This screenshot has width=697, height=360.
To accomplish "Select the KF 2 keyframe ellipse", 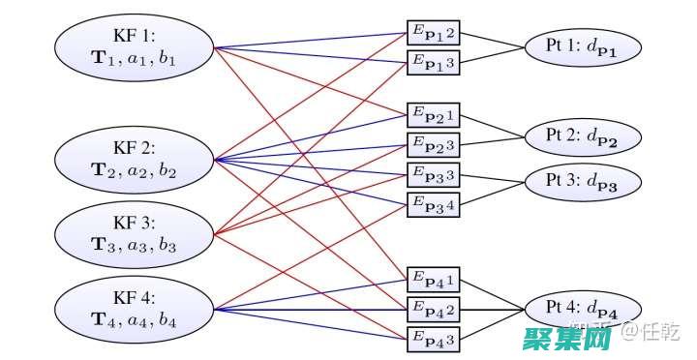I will point(135,159).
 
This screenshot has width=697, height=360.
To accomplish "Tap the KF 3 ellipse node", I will point(135,233).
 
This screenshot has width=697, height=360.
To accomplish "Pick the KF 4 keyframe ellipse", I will point(135,308).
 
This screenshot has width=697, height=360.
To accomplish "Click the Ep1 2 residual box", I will point(434,34).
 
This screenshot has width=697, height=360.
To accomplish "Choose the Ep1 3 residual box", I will point(434,62).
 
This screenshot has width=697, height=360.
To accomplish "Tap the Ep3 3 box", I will point(434,175).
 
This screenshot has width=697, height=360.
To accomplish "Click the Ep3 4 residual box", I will point(434,203).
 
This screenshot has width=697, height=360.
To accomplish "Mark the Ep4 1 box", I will point(434,282).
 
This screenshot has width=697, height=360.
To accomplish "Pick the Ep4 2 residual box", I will point(434,310).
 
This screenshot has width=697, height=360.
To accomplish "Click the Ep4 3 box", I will point(434,338).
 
